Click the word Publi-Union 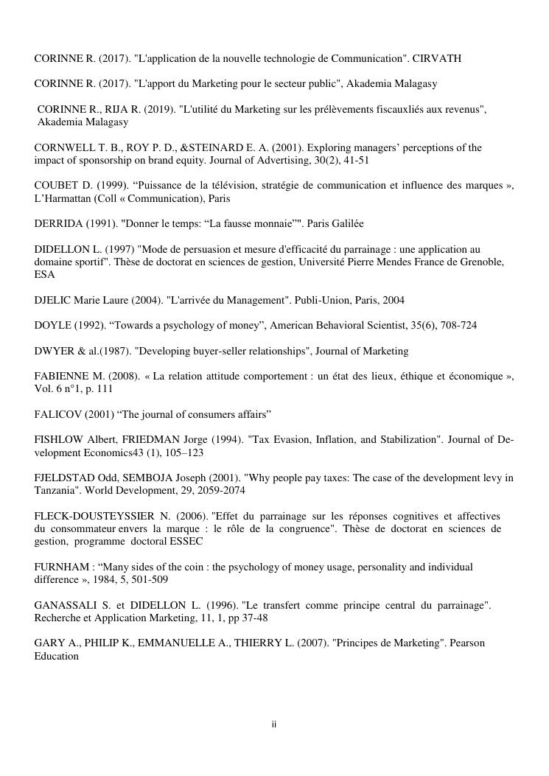tap(318, 300)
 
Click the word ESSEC tap(187, 541)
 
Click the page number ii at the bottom tap(273, 724)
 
